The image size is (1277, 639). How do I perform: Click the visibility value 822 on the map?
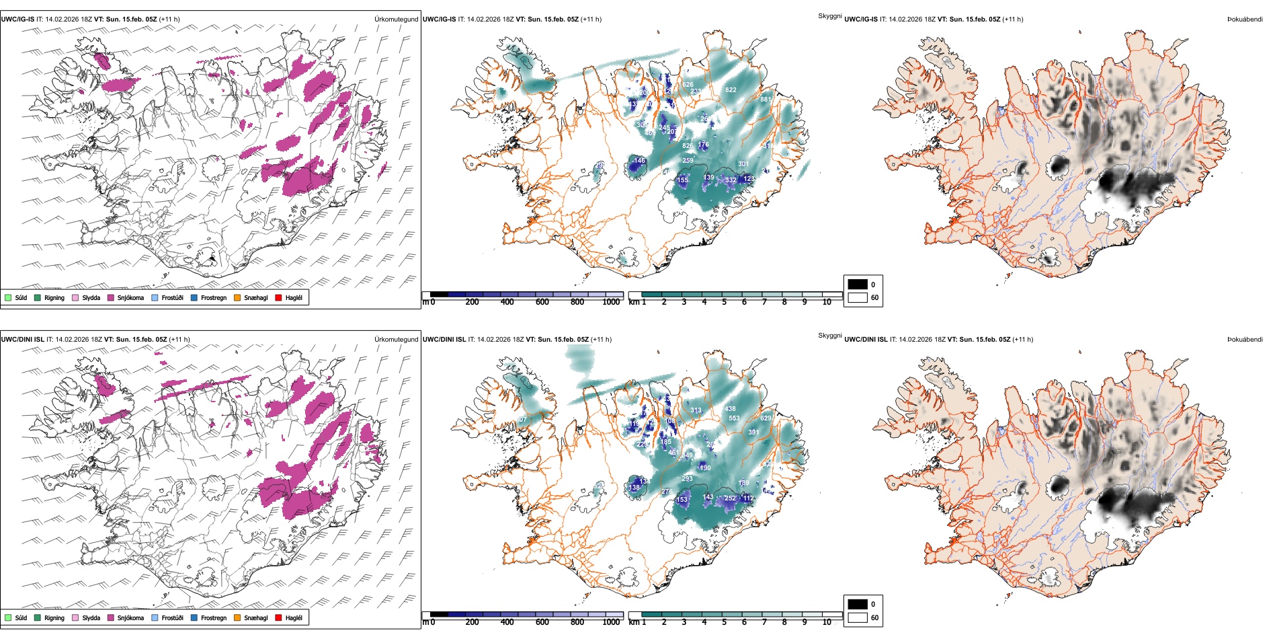point(731,89)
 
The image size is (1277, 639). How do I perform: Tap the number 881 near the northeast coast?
point(766,99)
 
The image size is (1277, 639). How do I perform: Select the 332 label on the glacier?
point(731,180)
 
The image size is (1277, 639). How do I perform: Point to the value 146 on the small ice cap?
point(639,161)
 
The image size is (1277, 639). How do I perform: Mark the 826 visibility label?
point(688,145)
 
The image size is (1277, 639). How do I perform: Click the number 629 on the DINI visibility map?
point(766,418)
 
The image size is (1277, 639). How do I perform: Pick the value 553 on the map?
point(734,418)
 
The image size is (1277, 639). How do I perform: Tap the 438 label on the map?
point(730,409)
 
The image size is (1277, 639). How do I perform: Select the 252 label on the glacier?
point(730,498)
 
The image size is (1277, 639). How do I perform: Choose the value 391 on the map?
point(753,433)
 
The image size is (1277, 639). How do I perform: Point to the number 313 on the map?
point(696,410)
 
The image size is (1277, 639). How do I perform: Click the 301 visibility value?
point(743,164)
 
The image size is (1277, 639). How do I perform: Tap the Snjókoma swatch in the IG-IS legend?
point(111,297)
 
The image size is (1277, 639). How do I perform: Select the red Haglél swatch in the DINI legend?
point(279,617)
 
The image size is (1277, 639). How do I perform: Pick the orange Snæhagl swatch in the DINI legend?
point(237,617)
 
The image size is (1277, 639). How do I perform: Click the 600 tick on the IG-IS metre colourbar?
point(542,302)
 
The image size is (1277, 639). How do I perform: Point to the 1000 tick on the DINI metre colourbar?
point(611,622)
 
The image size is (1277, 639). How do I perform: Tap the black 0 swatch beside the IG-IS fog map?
point(858,285)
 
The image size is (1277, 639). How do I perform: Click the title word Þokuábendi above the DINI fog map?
point(1244,340)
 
